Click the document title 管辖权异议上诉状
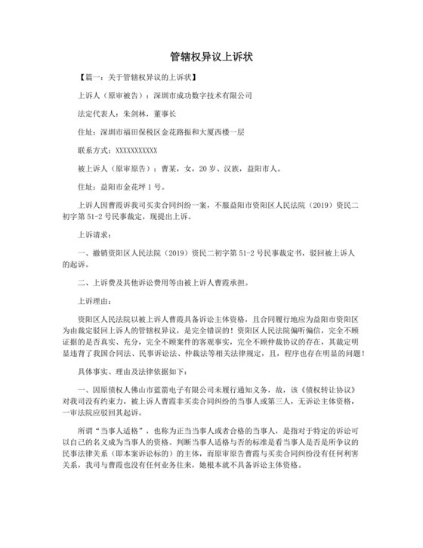[x=211, y=56]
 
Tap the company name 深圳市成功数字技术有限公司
[x=202, y=96]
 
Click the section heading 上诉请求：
[x=96, y=234]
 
